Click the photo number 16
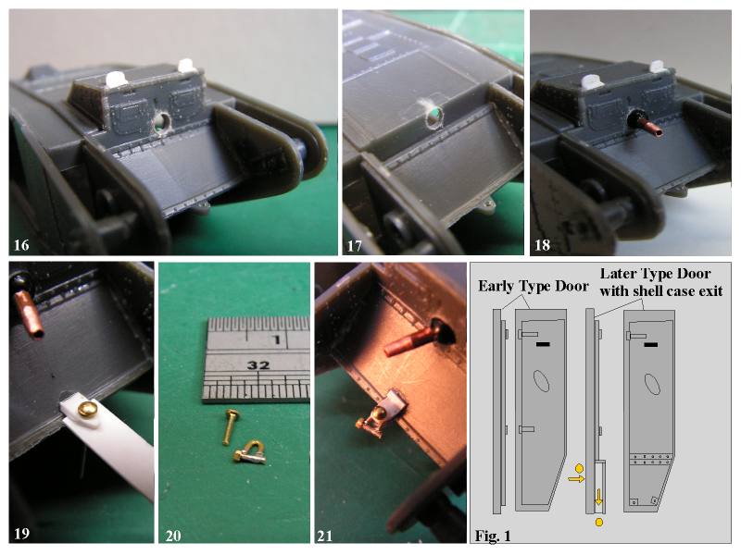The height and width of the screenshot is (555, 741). (x=21, y=245)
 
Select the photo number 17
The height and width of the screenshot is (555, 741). (x=355, y=246)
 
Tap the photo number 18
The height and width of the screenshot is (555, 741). (x=542, y=245)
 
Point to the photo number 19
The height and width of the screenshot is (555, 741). (x=21, y=534)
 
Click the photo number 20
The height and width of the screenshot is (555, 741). (x=173, y=536)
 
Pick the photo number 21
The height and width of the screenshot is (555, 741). (x=325, y=536)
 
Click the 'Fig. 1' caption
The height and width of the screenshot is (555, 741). (x=493, y=536)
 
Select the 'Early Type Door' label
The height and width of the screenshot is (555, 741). (x=534, y=286)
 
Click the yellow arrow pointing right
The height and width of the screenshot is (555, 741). (x=576, y=479)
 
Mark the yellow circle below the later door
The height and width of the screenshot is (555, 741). (x=598, y=522)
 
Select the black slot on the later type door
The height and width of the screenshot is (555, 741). (x=650, y=344)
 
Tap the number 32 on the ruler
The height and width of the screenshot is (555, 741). (x=258, y=364)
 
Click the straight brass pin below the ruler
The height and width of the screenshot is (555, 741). (x=230, y=426)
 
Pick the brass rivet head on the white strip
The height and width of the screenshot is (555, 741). (x=87, y=409)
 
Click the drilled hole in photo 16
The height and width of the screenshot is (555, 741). (x=161, y=121)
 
